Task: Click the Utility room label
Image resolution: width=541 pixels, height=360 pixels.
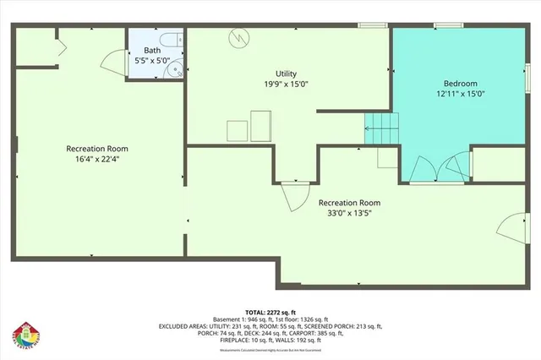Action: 287,74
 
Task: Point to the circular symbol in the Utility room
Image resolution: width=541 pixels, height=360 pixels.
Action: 241,37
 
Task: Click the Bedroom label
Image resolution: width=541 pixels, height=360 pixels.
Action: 461,84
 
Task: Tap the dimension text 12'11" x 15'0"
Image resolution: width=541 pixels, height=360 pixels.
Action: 461,95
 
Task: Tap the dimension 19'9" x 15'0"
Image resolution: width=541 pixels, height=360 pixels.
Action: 287,85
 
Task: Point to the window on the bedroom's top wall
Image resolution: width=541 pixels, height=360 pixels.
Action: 446,25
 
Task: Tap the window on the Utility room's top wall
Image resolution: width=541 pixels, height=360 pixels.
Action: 370,25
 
